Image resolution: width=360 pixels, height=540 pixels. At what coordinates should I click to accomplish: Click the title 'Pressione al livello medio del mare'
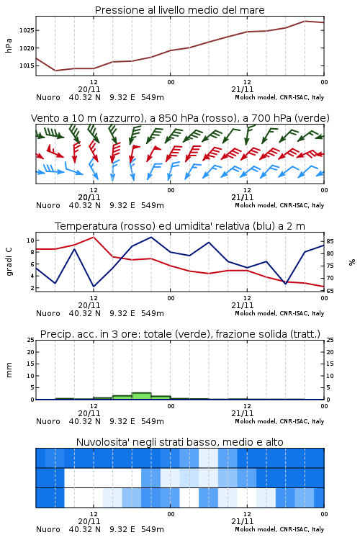[x=179, y=10]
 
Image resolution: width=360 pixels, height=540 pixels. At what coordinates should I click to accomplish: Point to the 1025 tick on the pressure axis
[x=27, y=30]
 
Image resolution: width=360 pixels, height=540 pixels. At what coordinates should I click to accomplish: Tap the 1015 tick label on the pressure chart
[x=27, y=66]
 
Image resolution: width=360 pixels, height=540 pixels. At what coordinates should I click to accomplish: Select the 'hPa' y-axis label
[x=9, y=45]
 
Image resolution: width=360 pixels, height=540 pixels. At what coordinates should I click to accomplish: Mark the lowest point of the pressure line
[x=55, y=71]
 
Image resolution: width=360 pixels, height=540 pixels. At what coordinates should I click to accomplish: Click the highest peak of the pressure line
[x=305, y=21]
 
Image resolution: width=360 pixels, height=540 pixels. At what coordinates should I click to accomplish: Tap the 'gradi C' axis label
[x=9, y=261]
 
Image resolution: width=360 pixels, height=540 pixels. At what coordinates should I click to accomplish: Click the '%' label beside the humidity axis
[x=352, y=262]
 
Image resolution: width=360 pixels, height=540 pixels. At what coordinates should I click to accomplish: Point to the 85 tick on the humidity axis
[x=330, y=241]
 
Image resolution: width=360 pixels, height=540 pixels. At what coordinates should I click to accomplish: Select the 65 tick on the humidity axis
[x=330, y=291]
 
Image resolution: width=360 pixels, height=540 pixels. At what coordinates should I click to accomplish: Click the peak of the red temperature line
[x=94, y=237]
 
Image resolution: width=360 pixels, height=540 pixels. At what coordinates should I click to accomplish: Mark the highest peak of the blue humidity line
[x=151, y=237]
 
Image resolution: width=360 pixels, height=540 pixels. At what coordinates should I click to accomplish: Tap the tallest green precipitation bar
[x=141, y=396]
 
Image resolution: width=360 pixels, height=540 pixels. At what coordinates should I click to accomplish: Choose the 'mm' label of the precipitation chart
[x=9, y=370]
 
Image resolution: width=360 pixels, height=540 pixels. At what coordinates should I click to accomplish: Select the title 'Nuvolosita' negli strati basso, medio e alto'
[x=179, y=442]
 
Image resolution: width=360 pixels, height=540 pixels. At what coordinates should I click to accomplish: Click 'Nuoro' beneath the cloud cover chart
[x=48, y=529]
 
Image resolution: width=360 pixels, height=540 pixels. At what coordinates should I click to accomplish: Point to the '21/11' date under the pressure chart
[x=242, y=89]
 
